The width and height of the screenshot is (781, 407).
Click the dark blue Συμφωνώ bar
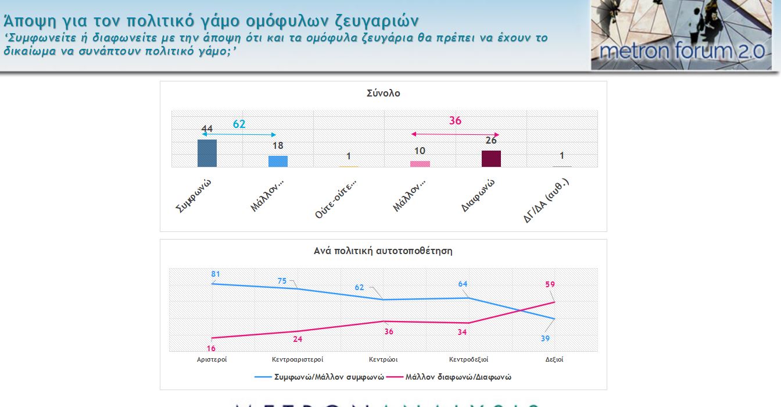(x=207, y=153)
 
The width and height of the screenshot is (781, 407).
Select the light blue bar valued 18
(x=278, y=161)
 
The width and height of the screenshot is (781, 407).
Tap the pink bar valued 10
(x=420, y=164)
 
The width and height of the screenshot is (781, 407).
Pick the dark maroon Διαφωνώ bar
(x=491, y=159)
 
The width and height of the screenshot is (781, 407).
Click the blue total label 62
(x=239, y=124)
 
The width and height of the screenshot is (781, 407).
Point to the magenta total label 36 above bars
(x=455, y=120)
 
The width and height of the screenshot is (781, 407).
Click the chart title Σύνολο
(x=383, y=93)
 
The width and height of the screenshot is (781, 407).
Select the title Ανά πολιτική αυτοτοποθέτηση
(x=383, y=251)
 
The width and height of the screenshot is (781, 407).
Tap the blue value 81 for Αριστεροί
(x=216, y=274)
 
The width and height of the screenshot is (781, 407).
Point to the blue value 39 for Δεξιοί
(x=546, y=338)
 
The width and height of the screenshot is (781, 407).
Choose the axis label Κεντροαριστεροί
(x=298, y=359)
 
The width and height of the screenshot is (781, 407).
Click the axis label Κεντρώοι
(x=383, y=359)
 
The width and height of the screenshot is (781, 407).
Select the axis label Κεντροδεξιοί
(x=468, y=359)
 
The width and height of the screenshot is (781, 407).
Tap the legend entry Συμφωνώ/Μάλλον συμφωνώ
(x=329, y=377)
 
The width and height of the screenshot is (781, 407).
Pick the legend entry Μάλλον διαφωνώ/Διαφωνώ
(x=458, y=377)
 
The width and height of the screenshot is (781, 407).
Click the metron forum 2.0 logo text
(x=682, y=51)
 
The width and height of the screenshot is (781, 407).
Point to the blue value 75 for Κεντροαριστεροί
(x=282, y=281)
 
